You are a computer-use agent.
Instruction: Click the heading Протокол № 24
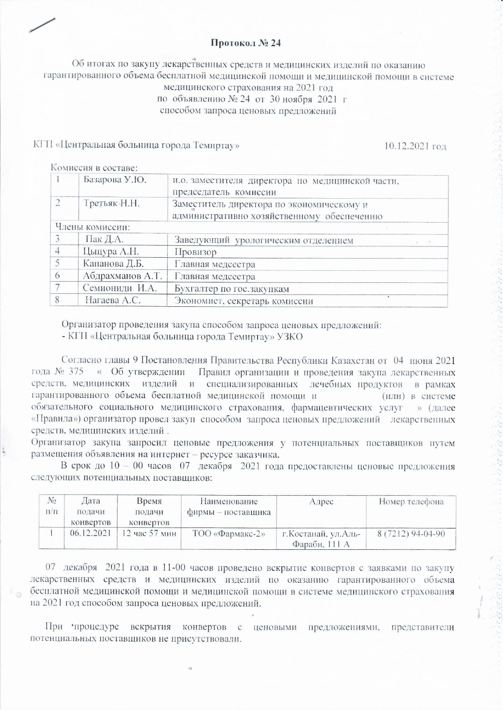246,43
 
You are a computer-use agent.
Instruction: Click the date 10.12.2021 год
415,146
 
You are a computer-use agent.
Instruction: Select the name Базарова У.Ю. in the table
115,180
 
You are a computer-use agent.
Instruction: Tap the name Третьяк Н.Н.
111,203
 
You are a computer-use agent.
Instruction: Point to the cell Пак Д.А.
104,240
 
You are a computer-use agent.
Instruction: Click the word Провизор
195,252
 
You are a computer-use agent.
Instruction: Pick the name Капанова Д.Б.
113,264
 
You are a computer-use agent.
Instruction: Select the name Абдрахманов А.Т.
122,276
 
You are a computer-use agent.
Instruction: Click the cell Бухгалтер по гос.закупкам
232,288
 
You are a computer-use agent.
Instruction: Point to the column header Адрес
321,502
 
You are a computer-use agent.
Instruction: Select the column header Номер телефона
411,502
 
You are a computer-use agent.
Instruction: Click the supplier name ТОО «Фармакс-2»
229,534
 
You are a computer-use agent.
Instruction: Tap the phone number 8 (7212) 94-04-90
411,534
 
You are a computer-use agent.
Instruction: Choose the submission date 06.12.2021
90,533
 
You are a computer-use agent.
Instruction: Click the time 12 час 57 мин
149,534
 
